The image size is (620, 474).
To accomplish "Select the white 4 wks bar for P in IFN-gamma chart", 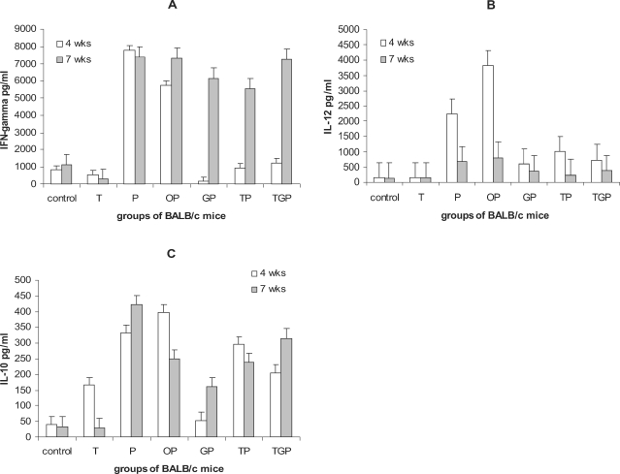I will click(129, 116).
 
